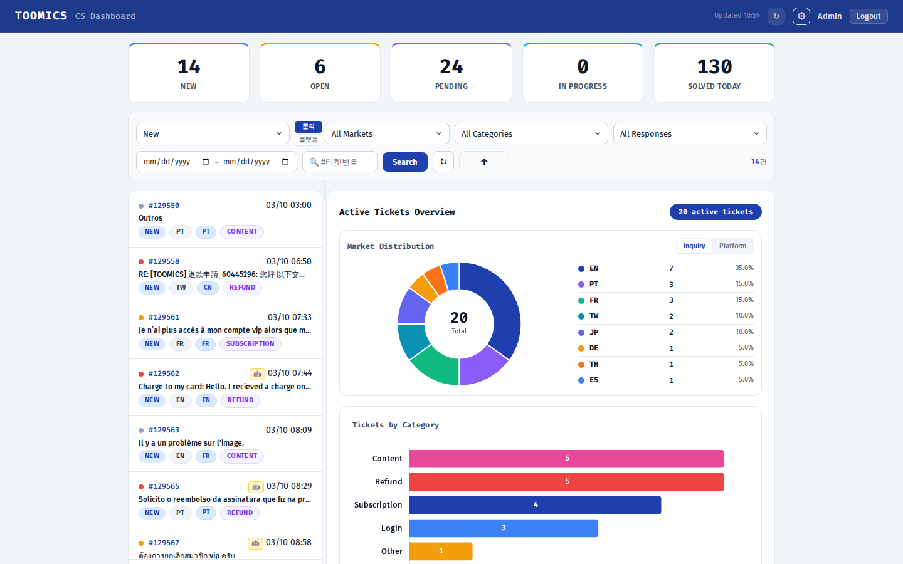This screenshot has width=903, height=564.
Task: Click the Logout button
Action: click(868, 16)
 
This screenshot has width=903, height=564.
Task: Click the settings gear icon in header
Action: click(801, 16)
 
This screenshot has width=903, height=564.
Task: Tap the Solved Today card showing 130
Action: click(714, 73)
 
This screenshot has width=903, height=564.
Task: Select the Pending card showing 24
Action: click(451, 73)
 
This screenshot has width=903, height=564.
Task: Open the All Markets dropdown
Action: click(386, 133)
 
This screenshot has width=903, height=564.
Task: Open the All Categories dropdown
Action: click(531, 133)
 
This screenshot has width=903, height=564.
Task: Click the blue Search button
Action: click(404, 162)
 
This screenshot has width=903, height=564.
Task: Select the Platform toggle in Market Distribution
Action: click(732, 246)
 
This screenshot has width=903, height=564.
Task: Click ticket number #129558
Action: click(164, 261)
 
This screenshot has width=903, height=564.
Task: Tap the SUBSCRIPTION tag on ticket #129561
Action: click(250, 344)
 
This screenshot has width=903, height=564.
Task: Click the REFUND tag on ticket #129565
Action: click(240, 513)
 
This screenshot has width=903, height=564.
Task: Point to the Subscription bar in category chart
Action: click(535, 505)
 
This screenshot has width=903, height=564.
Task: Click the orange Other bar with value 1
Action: click(441, 551)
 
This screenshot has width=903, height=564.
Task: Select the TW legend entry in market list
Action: click(593, 316)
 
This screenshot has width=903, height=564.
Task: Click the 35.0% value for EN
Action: click(744, 268)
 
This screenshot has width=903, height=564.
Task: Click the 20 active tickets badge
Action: click(715, 212)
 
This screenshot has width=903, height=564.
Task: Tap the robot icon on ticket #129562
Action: click(256, 374)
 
